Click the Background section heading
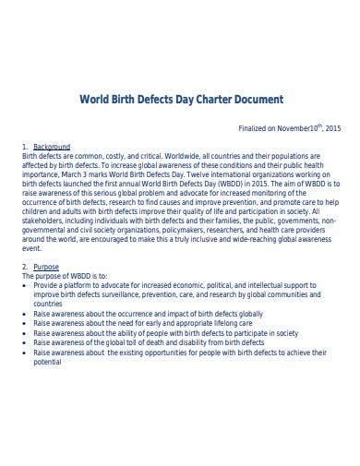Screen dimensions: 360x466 click(x=51, y=147)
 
